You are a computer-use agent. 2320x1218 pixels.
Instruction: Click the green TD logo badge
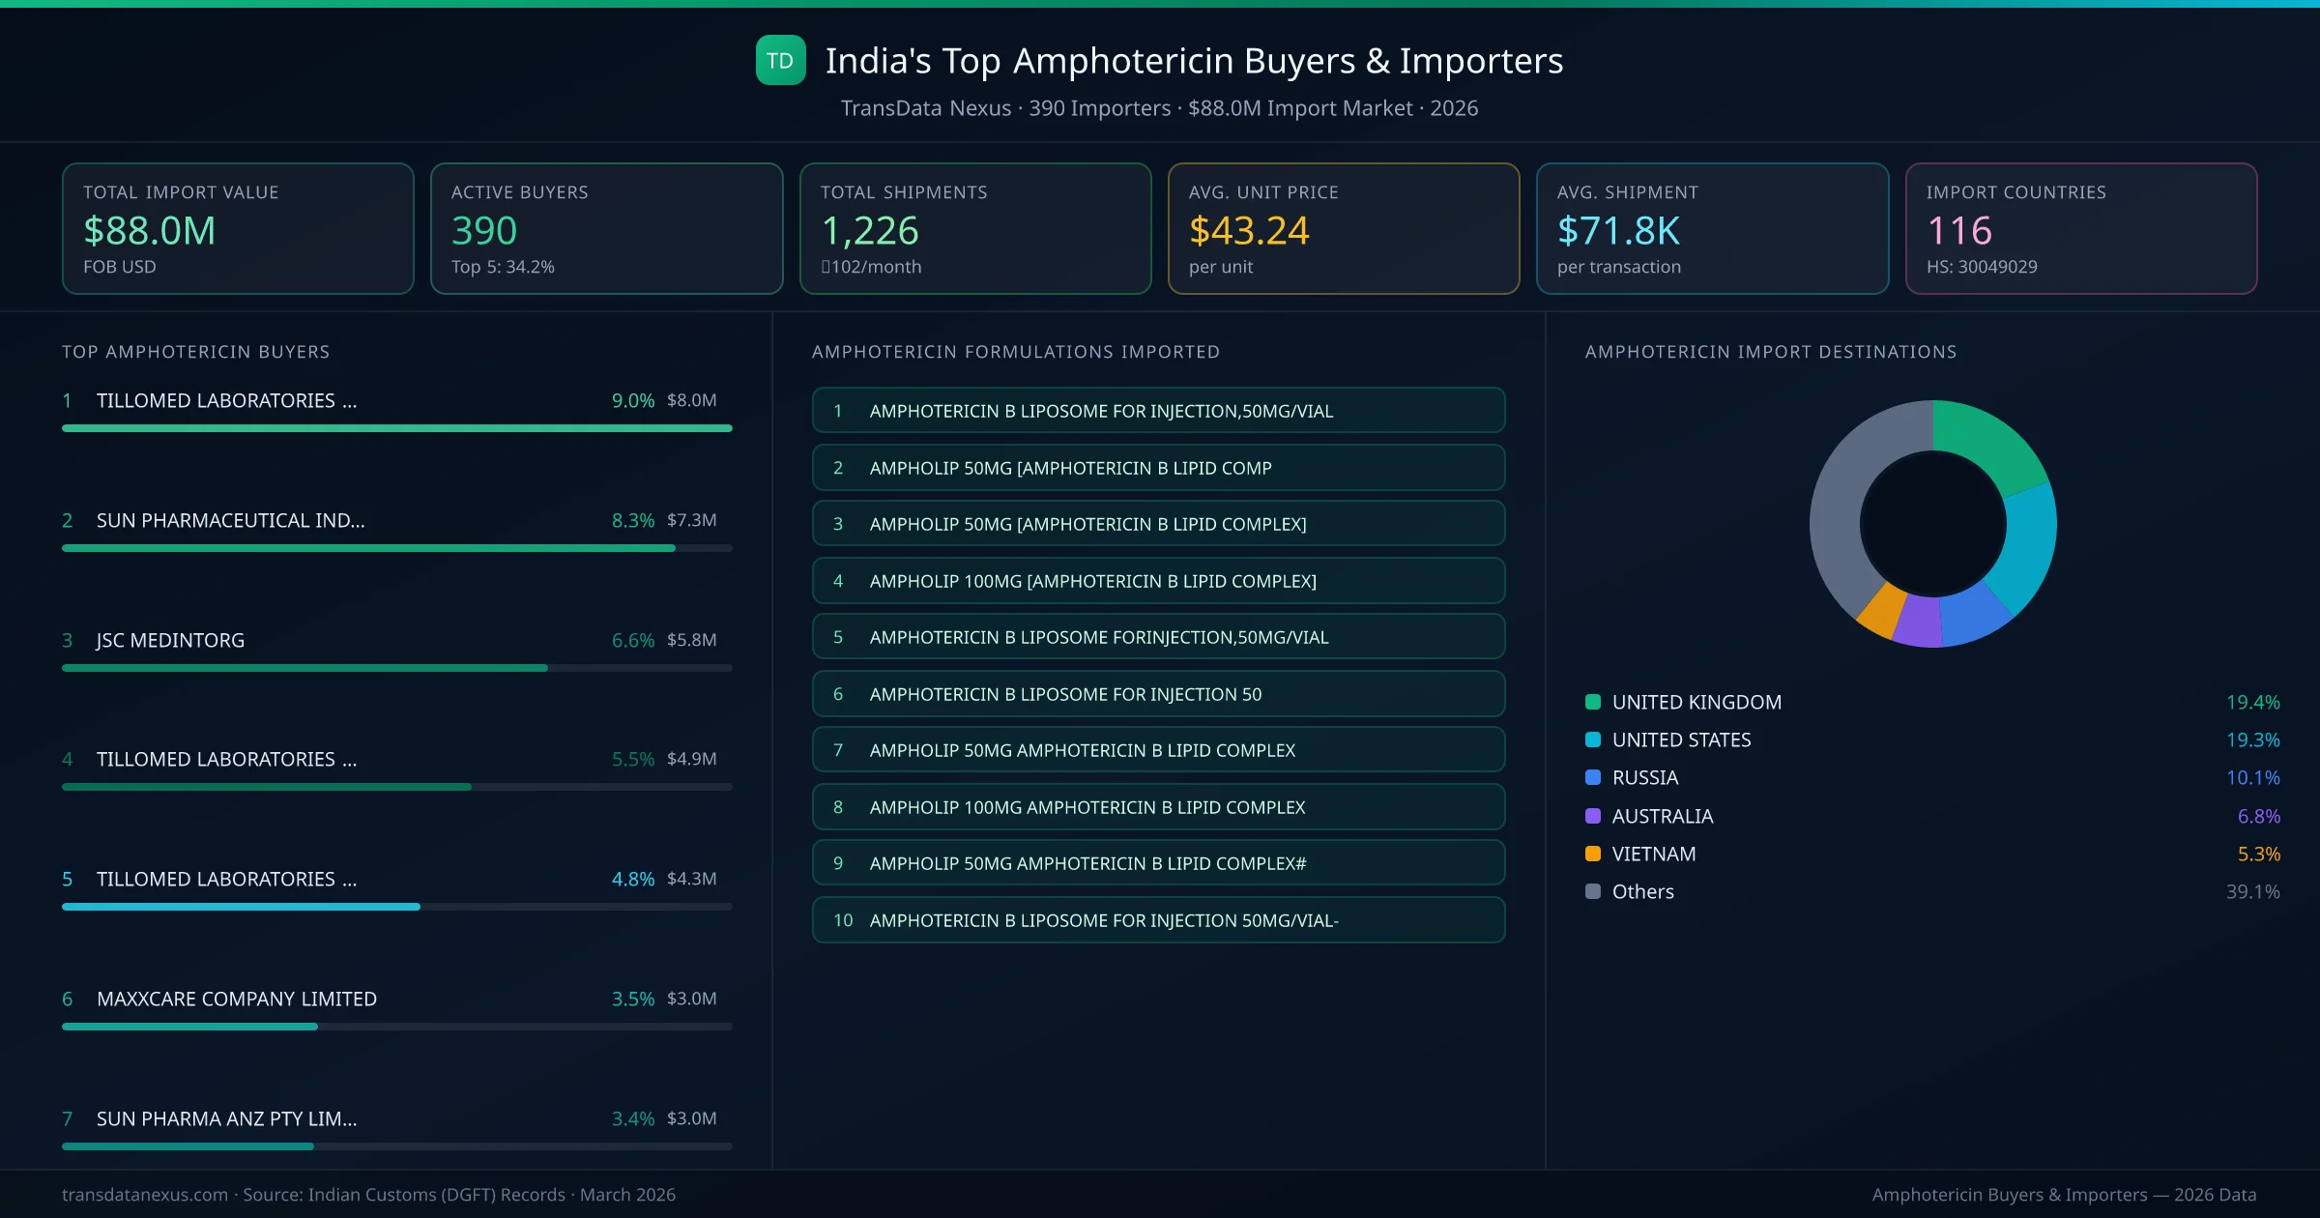(780, 60)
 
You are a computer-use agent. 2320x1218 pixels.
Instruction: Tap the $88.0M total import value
(150, 231)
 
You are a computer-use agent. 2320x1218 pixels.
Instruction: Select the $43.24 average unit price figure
(1248, 231)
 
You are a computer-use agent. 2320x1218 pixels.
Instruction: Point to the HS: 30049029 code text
(1981, 267)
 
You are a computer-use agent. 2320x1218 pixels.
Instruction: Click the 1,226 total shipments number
(869, 231)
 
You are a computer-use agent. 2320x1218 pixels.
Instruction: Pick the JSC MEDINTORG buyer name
(170, 640)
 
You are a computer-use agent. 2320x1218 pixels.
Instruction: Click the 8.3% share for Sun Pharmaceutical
(632, 520)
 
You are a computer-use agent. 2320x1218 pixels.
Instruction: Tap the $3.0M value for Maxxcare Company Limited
(691, 999)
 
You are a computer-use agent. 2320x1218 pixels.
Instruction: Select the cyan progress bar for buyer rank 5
(241, 907)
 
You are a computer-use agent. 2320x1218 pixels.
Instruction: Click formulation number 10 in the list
(843, 920)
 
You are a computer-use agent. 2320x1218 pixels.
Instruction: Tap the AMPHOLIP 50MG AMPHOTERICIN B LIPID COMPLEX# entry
(1087, 863)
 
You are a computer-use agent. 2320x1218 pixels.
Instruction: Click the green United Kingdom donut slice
(1991, 441)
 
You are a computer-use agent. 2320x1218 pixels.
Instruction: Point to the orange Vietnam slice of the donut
(1881, 611)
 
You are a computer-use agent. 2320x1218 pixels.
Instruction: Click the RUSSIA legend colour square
(1593, 778)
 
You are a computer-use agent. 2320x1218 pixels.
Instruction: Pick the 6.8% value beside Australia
(2258, 817)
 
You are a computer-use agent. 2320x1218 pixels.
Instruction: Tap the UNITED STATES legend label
(1681, 740)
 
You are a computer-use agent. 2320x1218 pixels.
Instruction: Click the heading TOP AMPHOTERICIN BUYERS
(196, 352)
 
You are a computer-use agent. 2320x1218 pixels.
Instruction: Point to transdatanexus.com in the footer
(145, 1195)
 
